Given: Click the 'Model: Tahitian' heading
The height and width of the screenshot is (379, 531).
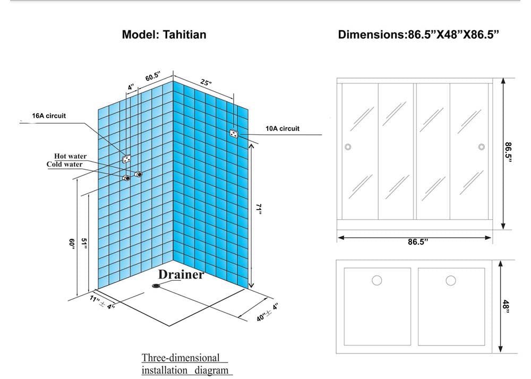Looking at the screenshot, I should tap(164, 35).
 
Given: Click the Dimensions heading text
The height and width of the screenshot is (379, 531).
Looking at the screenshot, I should tap(418, 35).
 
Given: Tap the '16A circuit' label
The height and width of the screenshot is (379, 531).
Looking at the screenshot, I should tap(49, 116).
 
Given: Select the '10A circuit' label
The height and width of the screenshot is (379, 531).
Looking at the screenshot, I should tap(282, 128).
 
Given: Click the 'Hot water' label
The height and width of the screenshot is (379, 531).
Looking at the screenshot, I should tap(71, 156).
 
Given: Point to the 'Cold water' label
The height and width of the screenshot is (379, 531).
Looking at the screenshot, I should tap(65, 165).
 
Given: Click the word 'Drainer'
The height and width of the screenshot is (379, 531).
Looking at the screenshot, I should tap(181, 275).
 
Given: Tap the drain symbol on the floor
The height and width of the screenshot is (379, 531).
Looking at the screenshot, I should tap(157, 287).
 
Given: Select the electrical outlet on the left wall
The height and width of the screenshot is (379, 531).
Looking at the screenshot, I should tap(127, 158).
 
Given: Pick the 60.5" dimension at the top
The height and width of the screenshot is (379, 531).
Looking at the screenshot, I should tap(153, 76).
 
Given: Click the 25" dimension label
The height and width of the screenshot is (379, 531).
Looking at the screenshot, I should tap(206, 82).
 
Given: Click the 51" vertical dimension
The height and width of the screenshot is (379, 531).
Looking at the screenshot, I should tap(83, 243).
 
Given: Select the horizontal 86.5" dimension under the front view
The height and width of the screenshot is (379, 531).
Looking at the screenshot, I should tap(418, 242).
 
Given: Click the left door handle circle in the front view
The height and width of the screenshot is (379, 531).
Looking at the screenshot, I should tap(348, 147).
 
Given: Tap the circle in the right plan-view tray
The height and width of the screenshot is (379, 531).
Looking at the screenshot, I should tap(451, 280).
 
